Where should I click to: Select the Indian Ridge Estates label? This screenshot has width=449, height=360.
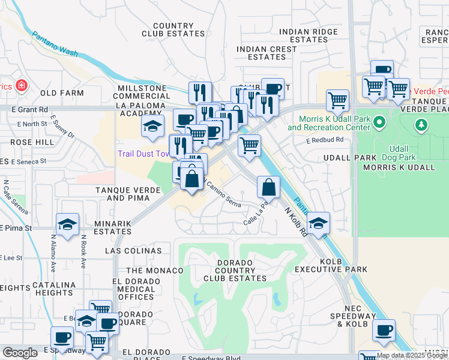[x=311, y=35]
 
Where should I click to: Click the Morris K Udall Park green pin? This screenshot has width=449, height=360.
[x=379, y=123]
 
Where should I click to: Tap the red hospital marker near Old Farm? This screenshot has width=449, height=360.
[x=22, y=85]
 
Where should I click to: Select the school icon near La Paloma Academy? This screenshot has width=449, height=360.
[x=152, y=126]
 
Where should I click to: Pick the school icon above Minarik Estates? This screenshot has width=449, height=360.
[x=67, y=225]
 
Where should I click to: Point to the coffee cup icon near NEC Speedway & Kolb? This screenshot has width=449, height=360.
[x=384, y=329]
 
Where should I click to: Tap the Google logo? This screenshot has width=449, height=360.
[x=20, y=353]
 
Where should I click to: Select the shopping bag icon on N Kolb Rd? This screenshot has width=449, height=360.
[x=268, y=187]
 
